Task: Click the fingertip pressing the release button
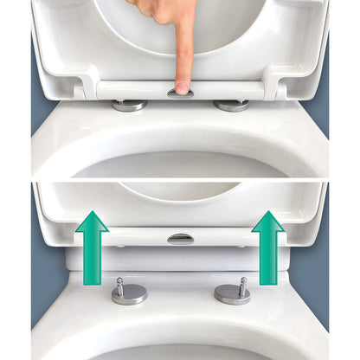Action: [183, 86]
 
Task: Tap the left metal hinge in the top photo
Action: [130, 105]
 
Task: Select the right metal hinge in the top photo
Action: [231, 105]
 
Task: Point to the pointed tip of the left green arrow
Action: [92, 213]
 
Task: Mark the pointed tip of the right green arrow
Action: [268, 213]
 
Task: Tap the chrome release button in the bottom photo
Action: [180, 238]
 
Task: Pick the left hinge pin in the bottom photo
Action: [120, 283]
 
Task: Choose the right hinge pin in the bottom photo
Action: [243, 283]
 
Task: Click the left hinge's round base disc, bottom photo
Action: [129, 295]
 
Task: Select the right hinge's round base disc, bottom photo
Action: [232, 294]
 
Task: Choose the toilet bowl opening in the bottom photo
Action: [180, 350]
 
